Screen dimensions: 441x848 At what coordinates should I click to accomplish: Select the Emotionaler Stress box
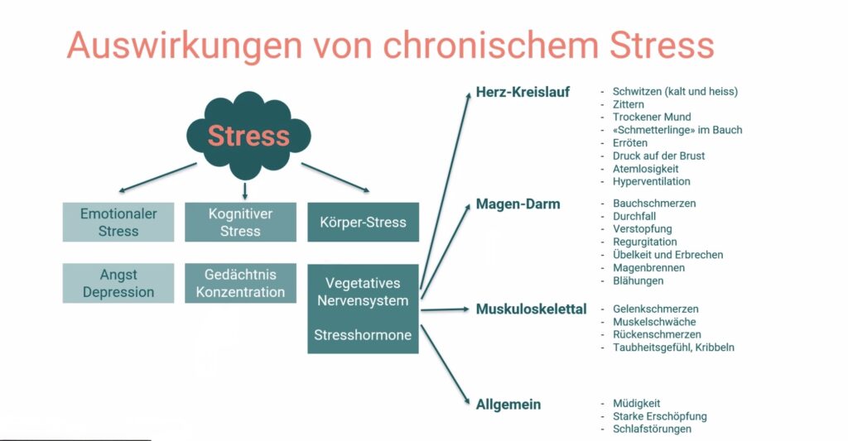(118, 223)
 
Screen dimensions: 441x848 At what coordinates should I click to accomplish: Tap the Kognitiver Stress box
(240, 223)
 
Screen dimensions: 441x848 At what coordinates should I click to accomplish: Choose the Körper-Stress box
(363, 223)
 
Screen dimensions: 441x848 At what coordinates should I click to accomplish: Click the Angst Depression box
(118, 283)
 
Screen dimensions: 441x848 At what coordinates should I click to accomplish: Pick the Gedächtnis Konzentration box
(240, 283)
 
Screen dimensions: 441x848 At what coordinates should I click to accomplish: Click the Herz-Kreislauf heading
(523, 92)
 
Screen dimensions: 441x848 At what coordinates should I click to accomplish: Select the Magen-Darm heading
(518, 204)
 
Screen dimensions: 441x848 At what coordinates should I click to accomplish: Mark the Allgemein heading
(508, 405)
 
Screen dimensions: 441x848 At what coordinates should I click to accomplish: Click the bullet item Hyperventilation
(651, 181)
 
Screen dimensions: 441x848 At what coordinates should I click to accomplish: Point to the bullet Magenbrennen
(648, 268)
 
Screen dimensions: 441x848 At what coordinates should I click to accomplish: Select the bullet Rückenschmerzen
(657, 335)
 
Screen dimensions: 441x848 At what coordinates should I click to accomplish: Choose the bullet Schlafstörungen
(652, 429)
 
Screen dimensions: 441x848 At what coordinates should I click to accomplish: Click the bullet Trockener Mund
(652, 117)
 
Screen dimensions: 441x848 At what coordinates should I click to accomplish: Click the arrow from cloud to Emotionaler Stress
(157, 177)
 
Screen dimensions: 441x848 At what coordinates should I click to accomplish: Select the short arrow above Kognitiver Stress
(244, 190)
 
